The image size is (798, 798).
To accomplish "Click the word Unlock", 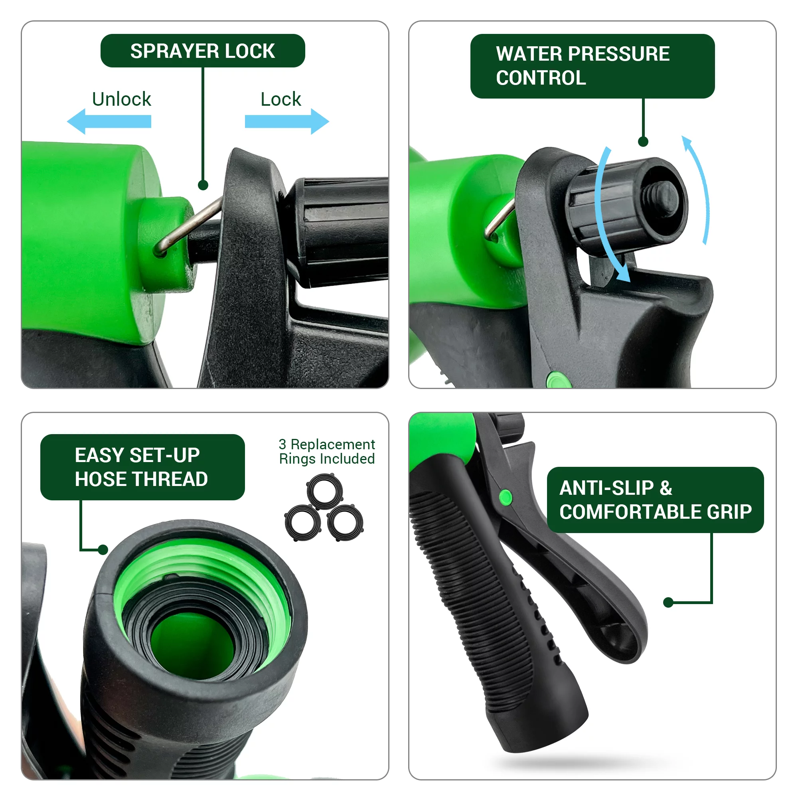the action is click(121, 99).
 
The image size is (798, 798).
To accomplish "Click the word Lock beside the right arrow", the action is click(281, 99).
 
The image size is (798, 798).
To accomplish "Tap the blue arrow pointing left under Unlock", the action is click(109, 121).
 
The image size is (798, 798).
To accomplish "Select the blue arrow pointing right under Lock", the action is click(287, 121).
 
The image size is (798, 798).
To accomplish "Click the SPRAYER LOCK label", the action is click(203, 51).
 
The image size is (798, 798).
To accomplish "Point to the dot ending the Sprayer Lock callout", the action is click(203, 185).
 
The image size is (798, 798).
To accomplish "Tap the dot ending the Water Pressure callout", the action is click(643, 142).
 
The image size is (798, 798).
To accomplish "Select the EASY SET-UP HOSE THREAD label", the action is click(142, 467).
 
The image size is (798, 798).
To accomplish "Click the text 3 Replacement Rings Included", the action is click(327, 451).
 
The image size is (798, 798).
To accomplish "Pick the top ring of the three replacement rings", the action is click(325, 492).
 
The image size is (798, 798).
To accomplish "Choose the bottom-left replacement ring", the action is click(303, 523).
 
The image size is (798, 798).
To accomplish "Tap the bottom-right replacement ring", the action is click(345, 523).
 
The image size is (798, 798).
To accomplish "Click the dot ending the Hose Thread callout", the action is click(103, 550).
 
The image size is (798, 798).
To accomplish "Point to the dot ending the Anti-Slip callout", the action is click(668, 602).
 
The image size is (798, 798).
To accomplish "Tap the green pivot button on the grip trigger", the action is click(506, 497).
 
